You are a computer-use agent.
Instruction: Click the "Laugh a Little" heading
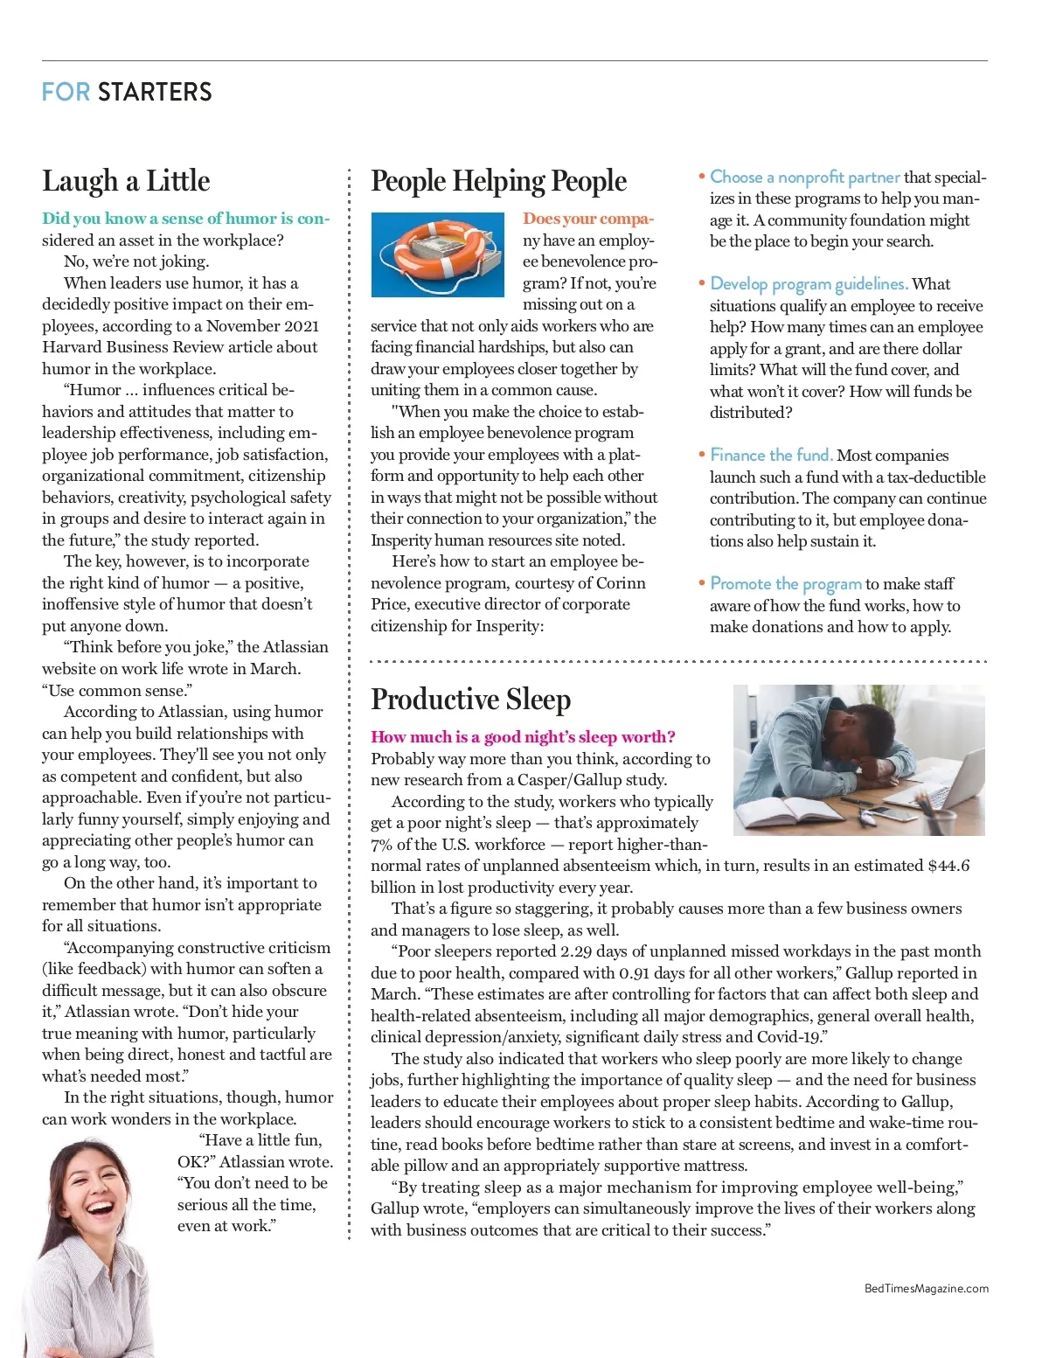click(x=126, y=181)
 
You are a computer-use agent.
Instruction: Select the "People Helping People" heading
click(x=498, y=181)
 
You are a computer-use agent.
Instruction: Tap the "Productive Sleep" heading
click(x=470, y=700)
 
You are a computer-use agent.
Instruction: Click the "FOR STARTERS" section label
click(x=127, y=92)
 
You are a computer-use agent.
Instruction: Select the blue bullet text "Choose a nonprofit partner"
click(x=804, y=178)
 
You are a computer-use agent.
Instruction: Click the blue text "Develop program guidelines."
click(x=809, y=284)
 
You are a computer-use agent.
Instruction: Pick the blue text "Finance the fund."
click(x=771, y=456)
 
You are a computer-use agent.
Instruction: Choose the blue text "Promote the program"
click(x=786, y=584)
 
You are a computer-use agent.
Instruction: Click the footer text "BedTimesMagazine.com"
click(x=926, y=1288)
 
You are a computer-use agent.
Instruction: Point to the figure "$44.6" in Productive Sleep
click(x=948, y=866)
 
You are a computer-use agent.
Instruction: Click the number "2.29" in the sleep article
click(x=578, y=951)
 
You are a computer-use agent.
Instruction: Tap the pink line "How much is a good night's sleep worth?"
click(x=523, y=737)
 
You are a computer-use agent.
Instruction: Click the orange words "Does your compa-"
click(x=588, y=219)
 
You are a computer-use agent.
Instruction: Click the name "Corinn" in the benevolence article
click(x=620, y=583)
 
